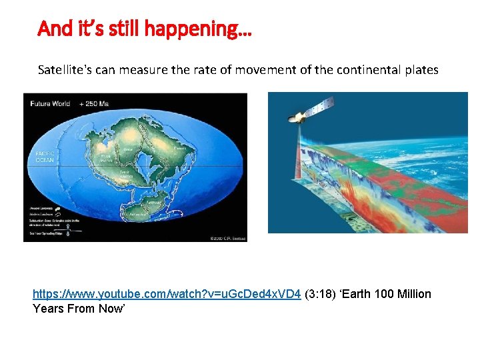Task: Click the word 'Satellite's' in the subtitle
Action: pos(65,69)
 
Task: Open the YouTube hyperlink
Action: pos(167,294)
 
